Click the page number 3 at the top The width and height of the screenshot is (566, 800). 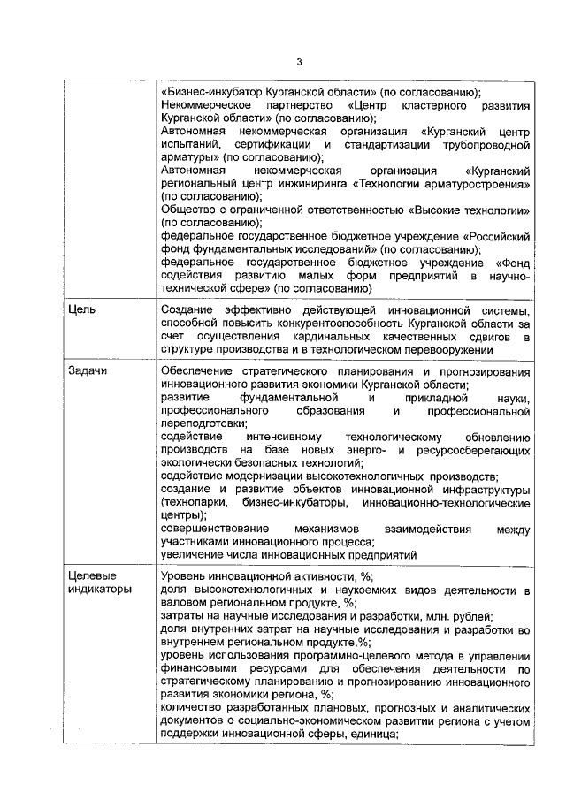click(299, 62)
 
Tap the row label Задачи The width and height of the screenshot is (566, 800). click(88, 371)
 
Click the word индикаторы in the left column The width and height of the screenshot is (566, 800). click(100, 588)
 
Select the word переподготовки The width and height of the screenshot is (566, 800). click(203, 423)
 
